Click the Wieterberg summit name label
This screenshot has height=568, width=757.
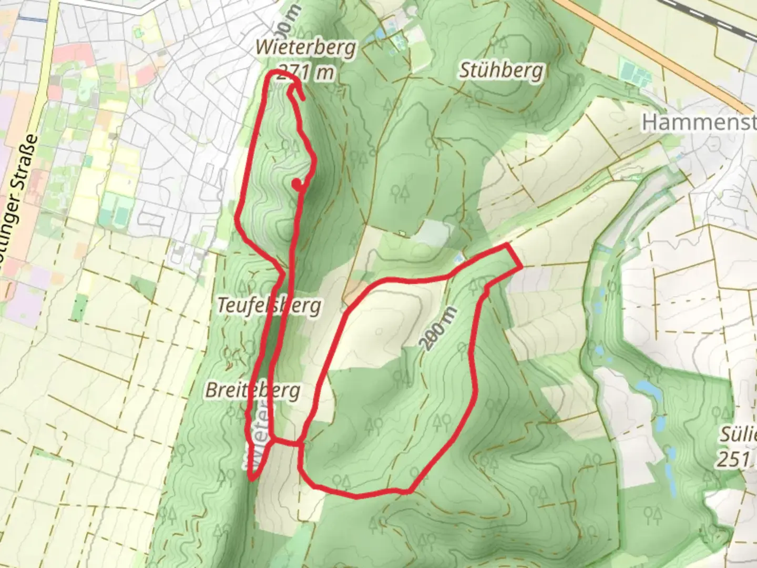[x=305, y=47]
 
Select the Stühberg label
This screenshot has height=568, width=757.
[x=500, y=70]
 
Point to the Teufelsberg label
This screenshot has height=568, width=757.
[x=269, y=306]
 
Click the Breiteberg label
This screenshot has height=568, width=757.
[x=253, y=390]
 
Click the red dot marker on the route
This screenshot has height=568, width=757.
[x=297, y=183]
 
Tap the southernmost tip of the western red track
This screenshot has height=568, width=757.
[x=252, y=479]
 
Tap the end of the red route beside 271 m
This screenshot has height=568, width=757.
[x=304, y=99]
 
